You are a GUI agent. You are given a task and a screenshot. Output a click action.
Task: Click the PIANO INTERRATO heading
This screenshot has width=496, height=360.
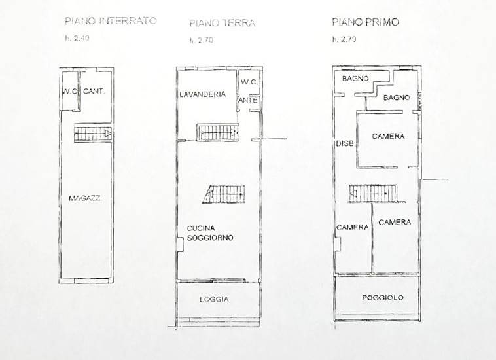[x=111, y=21]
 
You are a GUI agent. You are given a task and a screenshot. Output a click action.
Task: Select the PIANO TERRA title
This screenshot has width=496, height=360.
[x=222, y=23]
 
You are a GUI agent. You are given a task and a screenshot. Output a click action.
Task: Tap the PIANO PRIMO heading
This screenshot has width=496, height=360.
[x=365, y=22]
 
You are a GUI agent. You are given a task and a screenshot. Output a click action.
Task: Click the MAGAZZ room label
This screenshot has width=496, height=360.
[x=88, y=197]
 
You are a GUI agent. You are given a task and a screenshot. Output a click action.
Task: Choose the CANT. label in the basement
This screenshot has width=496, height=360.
[x=94, y=92]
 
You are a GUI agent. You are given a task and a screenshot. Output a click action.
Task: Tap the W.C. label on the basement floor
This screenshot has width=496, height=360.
[x=71, y=92]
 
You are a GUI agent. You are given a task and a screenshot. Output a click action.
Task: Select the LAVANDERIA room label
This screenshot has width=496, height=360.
[x=204, y=94]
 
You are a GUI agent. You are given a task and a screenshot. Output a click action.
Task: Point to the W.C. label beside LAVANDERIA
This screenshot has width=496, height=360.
[x=249, y=82]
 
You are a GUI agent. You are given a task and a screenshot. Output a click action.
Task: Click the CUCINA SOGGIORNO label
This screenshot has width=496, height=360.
[x=210, y=232]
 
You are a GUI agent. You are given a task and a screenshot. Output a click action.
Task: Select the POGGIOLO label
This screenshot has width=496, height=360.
[x=383, y=298]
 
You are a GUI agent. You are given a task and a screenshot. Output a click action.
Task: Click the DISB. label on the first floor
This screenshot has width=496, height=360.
[x=345, y=144]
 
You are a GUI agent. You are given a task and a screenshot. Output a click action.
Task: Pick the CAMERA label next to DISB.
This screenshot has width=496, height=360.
[x=388, y=137]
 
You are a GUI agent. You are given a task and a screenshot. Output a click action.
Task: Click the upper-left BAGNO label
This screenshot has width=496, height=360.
[x=354, y=79]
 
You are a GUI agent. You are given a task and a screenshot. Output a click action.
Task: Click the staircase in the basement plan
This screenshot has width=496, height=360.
[x=92, y=134]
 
